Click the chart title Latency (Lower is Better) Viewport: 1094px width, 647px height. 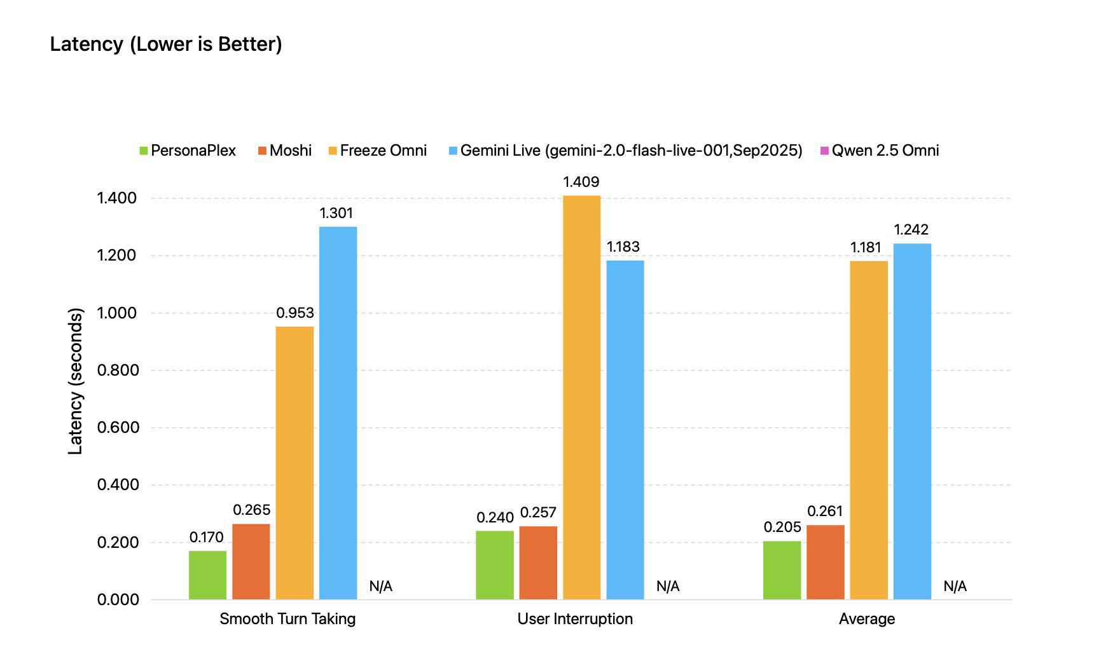(x=165, y=44)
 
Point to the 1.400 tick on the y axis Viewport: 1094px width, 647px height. (x=116, y=198)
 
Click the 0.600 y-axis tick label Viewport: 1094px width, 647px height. (x=116, y=428)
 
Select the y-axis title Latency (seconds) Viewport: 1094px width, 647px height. (x=76, y=381)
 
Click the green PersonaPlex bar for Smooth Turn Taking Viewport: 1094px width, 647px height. (x=207, y=575)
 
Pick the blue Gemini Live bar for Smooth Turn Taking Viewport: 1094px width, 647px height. (x=338, y=413)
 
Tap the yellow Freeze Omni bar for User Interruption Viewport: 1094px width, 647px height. (x=581, y=397)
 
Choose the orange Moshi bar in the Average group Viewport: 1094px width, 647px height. (x=825, y=562)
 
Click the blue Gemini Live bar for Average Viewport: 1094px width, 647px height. (x=912, y=421)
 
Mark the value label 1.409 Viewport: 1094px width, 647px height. (x=581, y=182)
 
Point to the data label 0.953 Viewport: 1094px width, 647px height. (x=294, y=313)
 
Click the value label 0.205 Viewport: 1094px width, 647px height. (x=782, y=527)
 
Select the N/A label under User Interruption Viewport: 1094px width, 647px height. (x=668, y=587)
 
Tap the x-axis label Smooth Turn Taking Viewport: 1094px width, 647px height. (x=287, y=619)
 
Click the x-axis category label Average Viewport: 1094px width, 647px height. (x=866, y=619)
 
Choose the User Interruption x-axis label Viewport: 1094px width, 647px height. (x=575, y=619)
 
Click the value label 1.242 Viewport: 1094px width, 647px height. (x=911, y=229)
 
